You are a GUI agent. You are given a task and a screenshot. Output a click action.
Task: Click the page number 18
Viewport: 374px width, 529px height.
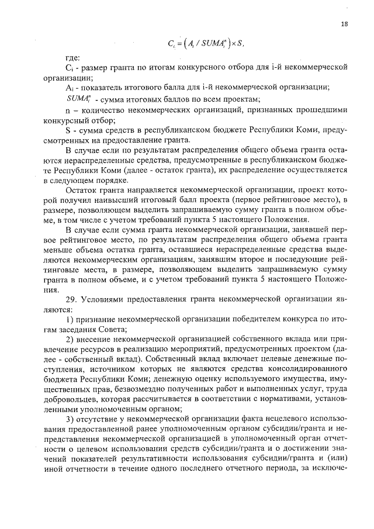[345, 23]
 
